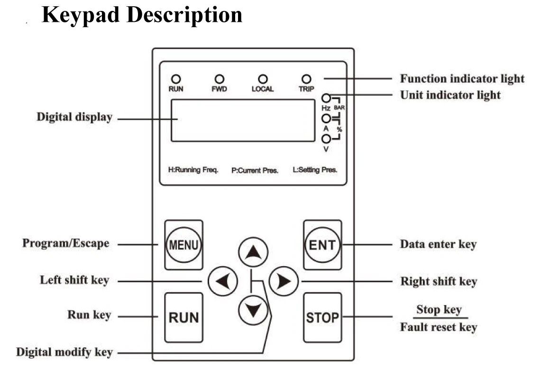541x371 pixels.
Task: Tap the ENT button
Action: coord(322,245)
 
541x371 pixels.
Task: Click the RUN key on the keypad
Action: coord(183,317)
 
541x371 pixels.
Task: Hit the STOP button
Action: coord(322,317)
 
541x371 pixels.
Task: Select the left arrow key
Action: coord(223,281)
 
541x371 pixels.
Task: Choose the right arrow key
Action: coord(284,281)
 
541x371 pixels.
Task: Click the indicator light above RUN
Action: coord(176,79)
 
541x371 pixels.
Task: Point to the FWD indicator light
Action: coord(220,79)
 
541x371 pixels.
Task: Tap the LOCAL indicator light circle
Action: coord(263,79)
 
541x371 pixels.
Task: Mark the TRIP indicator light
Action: coord(306,79)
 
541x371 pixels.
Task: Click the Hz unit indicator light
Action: coord(326,98)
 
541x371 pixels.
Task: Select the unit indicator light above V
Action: coord(326,139)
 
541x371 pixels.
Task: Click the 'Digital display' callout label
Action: coord(74,117)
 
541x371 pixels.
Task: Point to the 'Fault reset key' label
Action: coord(439,327)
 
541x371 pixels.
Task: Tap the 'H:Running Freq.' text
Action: coord(193,170)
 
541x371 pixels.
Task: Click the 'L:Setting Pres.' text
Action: coord(315,170)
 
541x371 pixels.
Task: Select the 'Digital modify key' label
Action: coord(64,352)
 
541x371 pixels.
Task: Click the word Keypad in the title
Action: coord(81,16)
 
